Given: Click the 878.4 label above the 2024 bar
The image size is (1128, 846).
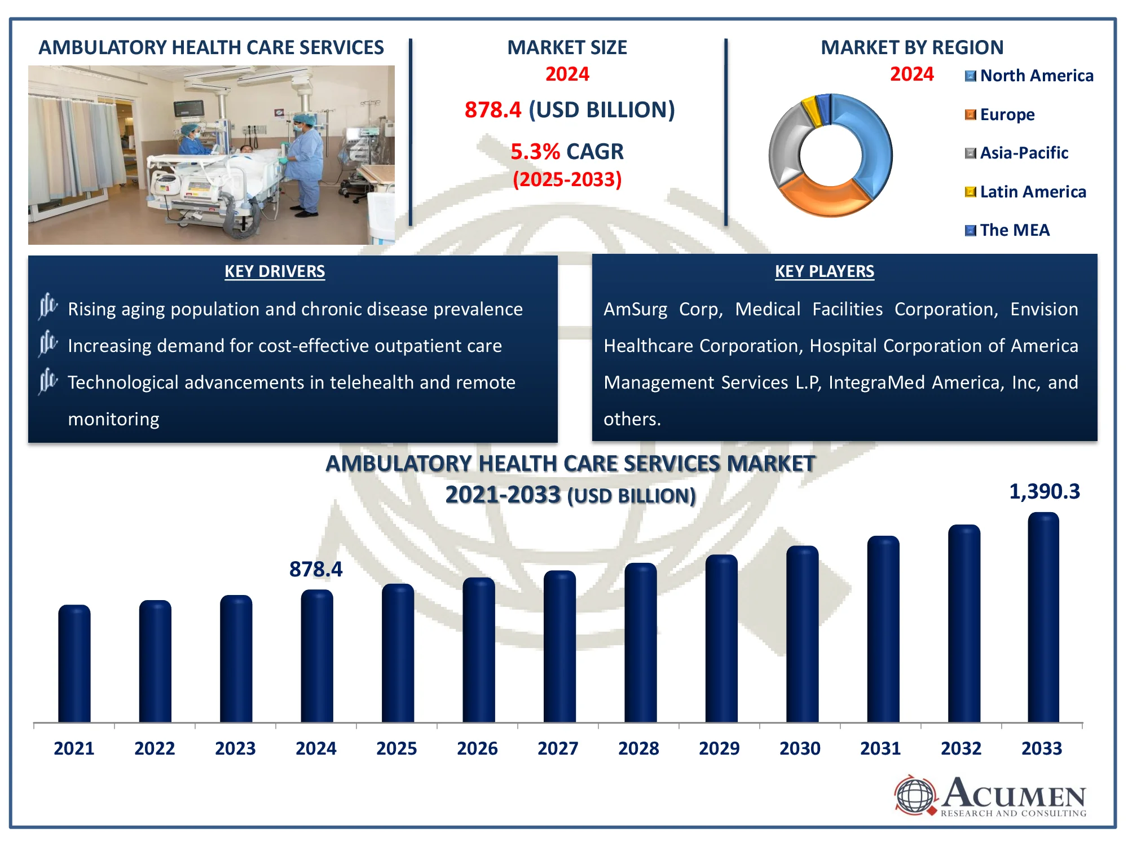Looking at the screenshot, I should tap(316, 570).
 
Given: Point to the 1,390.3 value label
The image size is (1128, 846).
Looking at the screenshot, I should tap(1044, 491).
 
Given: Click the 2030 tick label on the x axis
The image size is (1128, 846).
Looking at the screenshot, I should tap(800, 748).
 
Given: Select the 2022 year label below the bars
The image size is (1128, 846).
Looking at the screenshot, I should tap(155, 748).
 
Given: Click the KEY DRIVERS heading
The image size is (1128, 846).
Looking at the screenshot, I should tap(275, 271).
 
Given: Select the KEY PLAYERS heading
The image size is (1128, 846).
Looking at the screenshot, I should tap(824, 271).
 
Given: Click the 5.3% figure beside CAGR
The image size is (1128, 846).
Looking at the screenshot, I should tap(535, 152).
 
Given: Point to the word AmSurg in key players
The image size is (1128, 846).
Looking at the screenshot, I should tap(635, 309).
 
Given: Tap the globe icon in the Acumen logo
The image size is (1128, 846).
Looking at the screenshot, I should tap(915, 795).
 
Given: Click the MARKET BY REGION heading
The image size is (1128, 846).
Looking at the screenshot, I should tap(911, 47).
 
